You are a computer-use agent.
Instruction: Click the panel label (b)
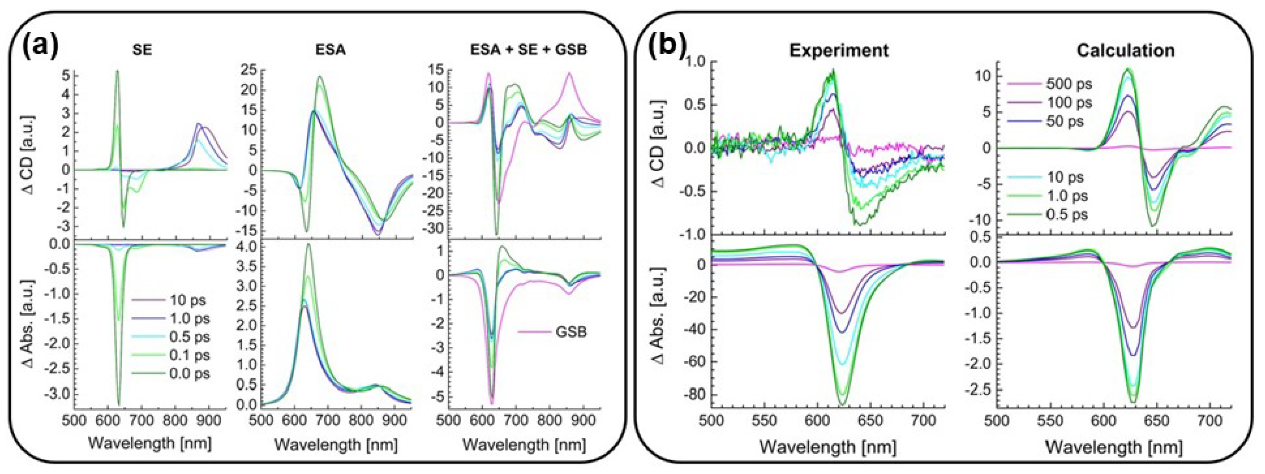[667, 48]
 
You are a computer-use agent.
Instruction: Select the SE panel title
[142, 50]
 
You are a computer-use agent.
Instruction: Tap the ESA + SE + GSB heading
[528, 50]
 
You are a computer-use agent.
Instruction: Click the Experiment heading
[839, 50]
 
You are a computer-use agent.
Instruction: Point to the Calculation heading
[1126, 50]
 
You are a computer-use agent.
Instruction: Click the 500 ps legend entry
[1069, 84]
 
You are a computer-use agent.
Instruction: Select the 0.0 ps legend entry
[189, 373]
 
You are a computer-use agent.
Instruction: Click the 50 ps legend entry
[1064, 121]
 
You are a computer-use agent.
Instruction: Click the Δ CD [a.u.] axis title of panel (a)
[29, 154]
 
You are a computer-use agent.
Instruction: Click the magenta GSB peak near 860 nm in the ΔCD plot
[569, 74]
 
